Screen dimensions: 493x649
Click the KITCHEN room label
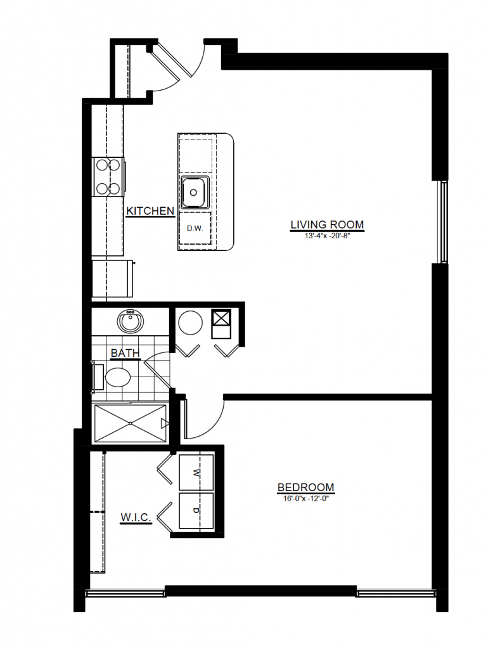150,210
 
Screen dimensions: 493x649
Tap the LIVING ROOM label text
327,224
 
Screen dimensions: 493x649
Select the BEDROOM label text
306,487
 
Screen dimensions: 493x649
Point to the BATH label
125,353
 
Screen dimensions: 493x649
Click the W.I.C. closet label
136,517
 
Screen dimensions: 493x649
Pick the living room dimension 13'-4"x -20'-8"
328,236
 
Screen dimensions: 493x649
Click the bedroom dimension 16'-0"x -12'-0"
306,499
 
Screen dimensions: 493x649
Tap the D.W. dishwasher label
195,228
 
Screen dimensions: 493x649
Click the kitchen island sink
195,193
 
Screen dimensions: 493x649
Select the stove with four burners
108,177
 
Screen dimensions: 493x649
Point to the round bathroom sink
131,322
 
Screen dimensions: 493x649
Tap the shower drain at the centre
131,423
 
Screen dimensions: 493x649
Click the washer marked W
196,472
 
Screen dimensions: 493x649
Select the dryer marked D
196,510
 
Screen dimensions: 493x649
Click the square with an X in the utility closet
221,318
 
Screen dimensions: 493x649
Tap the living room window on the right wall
444,222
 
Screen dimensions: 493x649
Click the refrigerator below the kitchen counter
112,278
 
